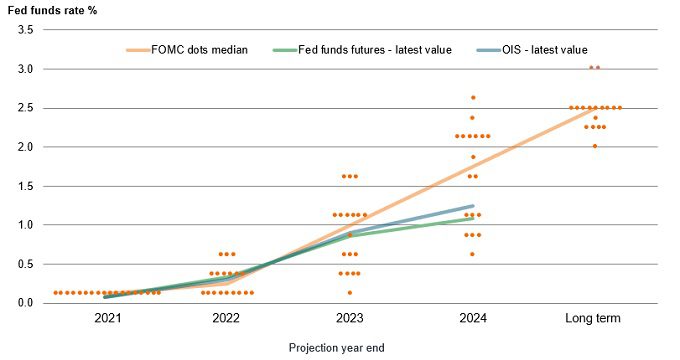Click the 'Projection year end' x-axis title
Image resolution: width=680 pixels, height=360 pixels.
(336, 347)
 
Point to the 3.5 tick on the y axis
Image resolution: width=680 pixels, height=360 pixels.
(26, 31)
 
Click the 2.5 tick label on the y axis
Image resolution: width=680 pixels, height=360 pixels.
(26, 108)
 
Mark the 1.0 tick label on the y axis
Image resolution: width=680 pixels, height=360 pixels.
(26, 225)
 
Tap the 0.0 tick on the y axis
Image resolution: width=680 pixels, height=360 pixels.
(26, 303)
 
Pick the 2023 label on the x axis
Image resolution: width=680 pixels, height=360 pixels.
(349, 319)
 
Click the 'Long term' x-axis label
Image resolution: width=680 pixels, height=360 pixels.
(594, 319)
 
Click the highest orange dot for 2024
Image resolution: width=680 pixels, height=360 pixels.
(472, 98)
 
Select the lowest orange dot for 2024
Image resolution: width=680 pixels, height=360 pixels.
(472, 254)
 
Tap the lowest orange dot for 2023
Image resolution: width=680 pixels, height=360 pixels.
(349, 293)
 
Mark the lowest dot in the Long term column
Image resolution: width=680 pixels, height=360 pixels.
(594, 146)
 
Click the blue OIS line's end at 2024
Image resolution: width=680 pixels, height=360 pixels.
(472, 206)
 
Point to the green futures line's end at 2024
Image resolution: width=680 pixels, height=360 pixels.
(472, 218)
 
